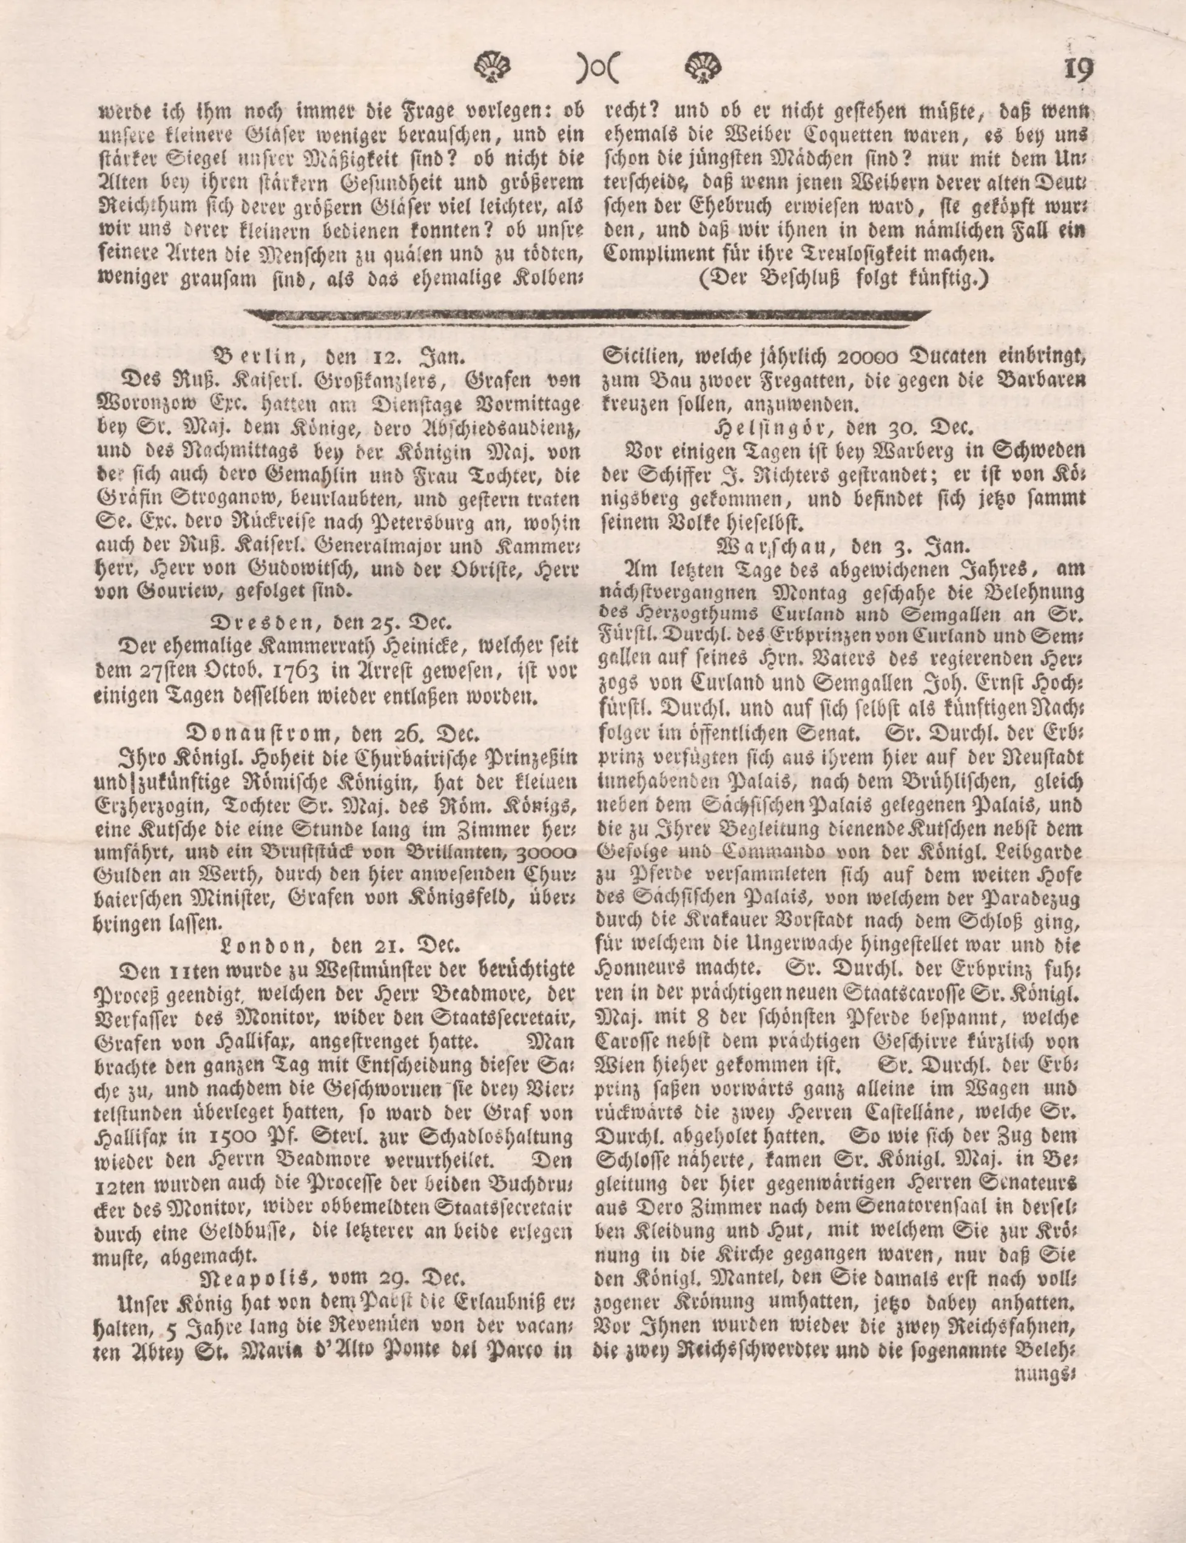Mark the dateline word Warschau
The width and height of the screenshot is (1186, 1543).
tap(768, 546)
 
